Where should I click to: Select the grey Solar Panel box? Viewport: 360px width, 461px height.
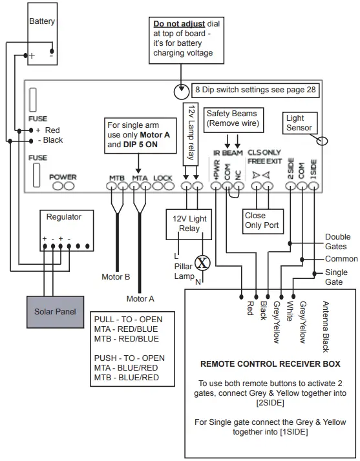click(55, 311)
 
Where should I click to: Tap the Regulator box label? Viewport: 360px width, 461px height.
click(63, 217)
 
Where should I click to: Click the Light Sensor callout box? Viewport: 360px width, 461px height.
click(299, 123)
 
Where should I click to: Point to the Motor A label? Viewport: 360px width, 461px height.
click(140, 298)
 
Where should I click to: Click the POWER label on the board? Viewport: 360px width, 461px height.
click(63, 177)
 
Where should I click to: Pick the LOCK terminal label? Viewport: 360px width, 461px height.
click(163, 177)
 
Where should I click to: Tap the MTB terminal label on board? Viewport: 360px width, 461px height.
click(116, 177)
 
